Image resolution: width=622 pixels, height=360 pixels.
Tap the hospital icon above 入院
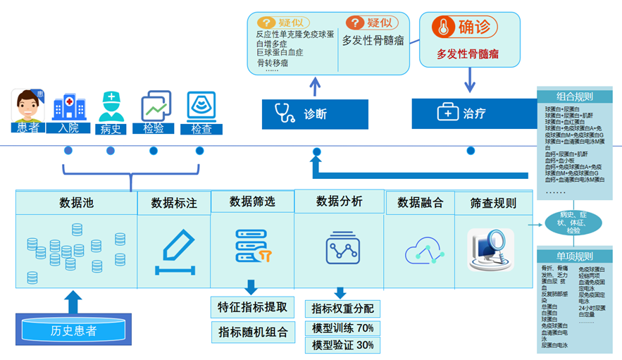pyautogui.click(x=68, y=106)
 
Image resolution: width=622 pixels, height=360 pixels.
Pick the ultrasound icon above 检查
pyautogui.click(x=201, y=106)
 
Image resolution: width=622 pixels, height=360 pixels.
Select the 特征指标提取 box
pyautogui.click(x=251, y=306)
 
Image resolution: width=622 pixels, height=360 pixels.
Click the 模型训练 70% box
pyautogui.click(x=342, y=328)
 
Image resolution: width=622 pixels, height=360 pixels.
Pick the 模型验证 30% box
pyautogui.click(x=342, y=345)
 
